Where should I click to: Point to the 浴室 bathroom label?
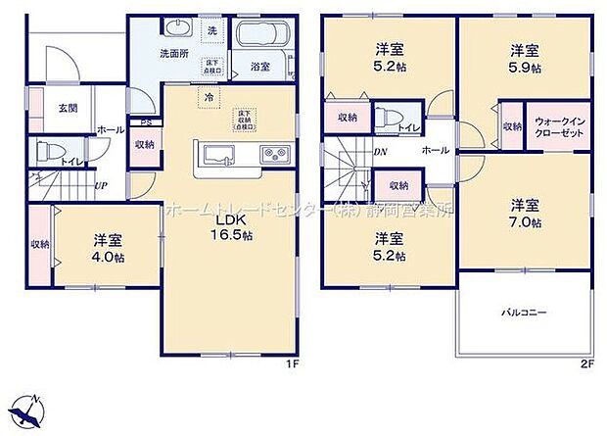[x=259, y=67]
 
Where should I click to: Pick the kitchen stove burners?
[x=272, y=155]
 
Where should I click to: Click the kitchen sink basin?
[x=216, y=155]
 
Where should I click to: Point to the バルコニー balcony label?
[x=525, y=313]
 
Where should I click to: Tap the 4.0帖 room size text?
[x=108, y=257]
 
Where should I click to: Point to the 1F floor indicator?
[x=290, y=363]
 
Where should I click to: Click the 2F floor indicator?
[x=586, y=363]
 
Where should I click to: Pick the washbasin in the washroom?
[x=177, y=27]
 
